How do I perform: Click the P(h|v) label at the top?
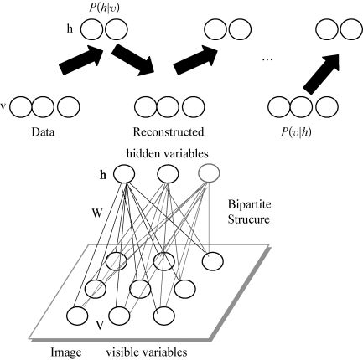coord(104,8)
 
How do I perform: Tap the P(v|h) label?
coord(296,132)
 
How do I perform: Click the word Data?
coord(43,132)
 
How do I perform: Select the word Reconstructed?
coord(169,132)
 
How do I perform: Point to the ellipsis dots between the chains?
coord(267,59)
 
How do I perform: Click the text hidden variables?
coord(168,153)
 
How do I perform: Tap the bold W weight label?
coord(97,213)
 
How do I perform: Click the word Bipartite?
coord(249,205)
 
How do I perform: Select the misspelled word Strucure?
coord(249,219)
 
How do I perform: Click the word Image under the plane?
coord(66,352)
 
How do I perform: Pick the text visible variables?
coord(147,352)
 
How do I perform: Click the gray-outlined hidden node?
coord(209,173)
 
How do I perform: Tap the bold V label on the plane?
coord(101,326)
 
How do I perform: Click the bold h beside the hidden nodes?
coord(103,176)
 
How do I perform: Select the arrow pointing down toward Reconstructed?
coord(133,60)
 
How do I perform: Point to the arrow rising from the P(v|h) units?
coord(322,74)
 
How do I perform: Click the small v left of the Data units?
coord(3,106)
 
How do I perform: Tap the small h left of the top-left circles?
coord(70,28)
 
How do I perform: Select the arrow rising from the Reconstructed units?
coord(195,59)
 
